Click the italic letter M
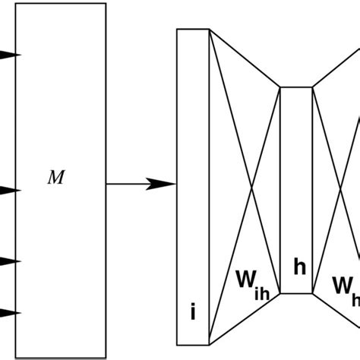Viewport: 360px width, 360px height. pos(55,178)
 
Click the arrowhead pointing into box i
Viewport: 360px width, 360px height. pos(163,183)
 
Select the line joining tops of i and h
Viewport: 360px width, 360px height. pos(245,58)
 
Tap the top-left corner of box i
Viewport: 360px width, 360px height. pos(177,30)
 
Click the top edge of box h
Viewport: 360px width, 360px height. pos(297,87)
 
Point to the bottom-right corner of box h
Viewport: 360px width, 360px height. pos(312,293)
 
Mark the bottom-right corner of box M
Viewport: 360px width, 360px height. pos(106,355)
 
